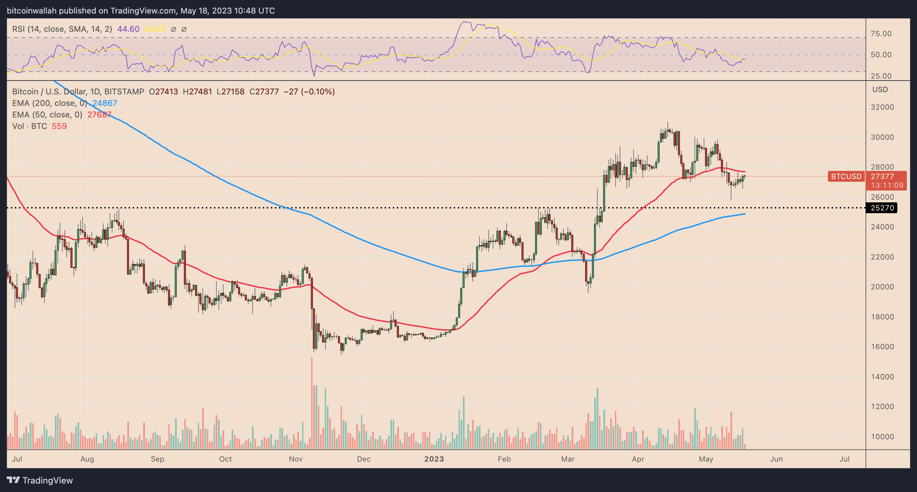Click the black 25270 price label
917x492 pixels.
click(x=882, y=208)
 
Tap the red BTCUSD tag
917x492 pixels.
click(x=846, y=176)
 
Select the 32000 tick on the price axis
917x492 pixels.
click(x=882, y=107)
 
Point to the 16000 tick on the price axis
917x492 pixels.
click(x=882, y=346)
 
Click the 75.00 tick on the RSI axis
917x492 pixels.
click(x=881, y=34)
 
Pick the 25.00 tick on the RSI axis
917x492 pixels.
click(x=881, y=76)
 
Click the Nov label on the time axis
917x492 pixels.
click(x=296, y=459)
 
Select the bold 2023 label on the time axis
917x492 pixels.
click(x=434, y=459)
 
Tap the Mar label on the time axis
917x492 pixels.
click(x=568, y=459)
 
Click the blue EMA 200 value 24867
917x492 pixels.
click(x=105, y=103)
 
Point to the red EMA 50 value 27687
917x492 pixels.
click(x=99, y=115)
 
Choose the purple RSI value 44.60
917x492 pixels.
click(x=128, y=29)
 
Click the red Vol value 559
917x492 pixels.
click(x=59, y=126)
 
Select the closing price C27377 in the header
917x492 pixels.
click(x=264, y=92)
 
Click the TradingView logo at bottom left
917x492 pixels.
click(x=40, y=480)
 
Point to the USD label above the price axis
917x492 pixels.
click(x=880, y=90)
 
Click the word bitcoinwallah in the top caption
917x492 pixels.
click(x=32, y=11)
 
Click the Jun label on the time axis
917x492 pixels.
click(x=776, y=459)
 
